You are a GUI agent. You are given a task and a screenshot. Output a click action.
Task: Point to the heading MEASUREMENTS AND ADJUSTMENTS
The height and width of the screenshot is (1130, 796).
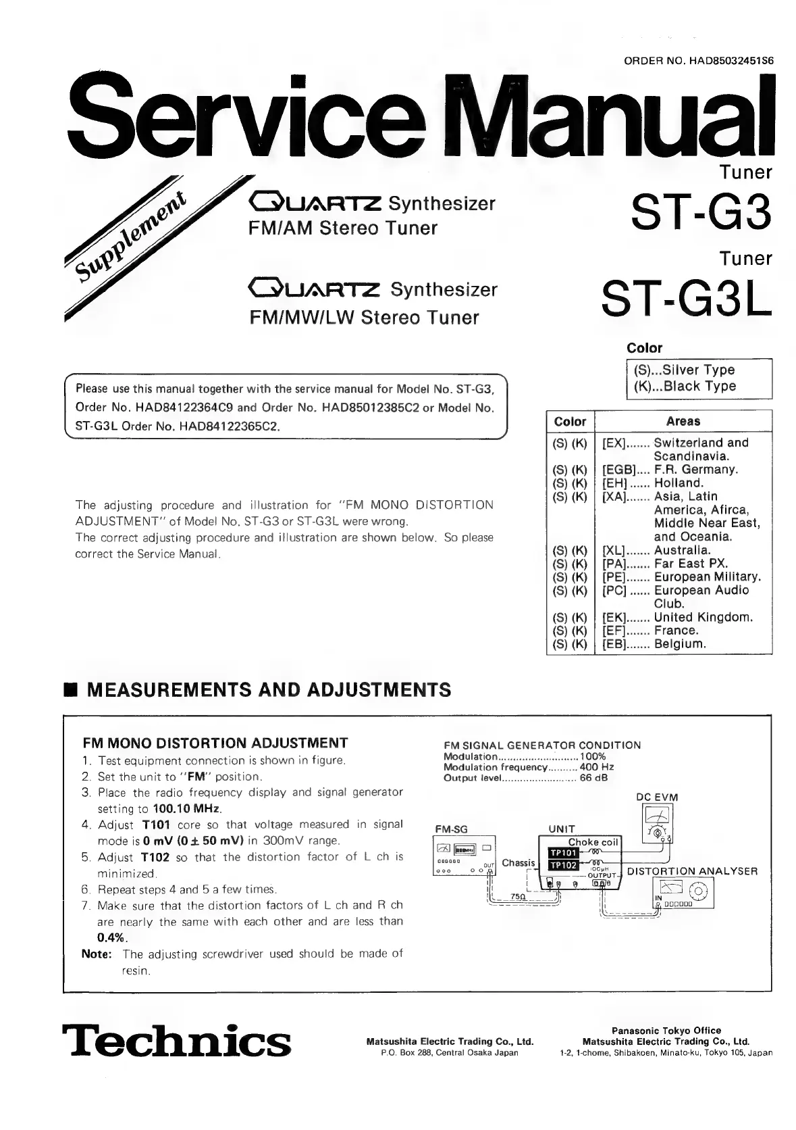point(269,689)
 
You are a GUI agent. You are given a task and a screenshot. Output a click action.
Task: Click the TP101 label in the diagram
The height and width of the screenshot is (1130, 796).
point(563,852)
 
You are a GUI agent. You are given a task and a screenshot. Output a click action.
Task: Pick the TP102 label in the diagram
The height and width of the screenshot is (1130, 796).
point(563,865)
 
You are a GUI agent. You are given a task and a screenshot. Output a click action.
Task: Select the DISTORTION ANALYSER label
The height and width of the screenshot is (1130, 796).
point(692,871)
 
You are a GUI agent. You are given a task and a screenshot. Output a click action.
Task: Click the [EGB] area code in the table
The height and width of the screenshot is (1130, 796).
point(616,469)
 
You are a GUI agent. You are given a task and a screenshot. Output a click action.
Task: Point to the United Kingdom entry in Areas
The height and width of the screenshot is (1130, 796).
point(703,617)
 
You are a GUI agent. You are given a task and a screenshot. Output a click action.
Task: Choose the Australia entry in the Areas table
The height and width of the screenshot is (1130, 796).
point(682,550)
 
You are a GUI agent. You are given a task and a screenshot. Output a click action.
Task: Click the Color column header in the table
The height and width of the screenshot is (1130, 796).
point(570,421)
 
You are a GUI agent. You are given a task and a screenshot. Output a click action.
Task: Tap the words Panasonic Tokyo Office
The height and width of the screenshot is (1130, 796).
point(666,1030)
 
